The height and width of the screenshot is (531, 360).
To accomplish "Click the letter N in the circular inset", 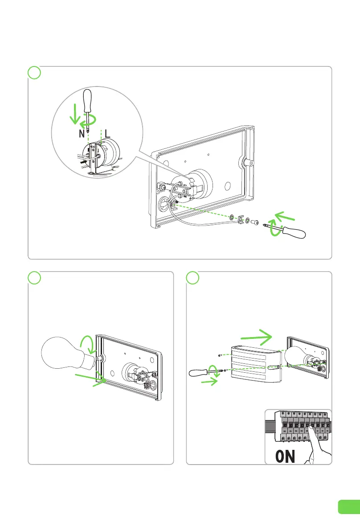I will click(82, 133).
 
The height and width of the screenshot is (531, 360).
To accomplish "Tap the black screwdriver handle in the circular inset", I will click(88, 101).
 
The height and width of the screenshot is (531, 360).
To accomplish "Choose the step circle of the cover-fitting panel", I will click(192, 277).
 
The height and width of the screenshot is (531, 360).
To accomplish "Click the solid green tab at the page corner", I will click(348, 506).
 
